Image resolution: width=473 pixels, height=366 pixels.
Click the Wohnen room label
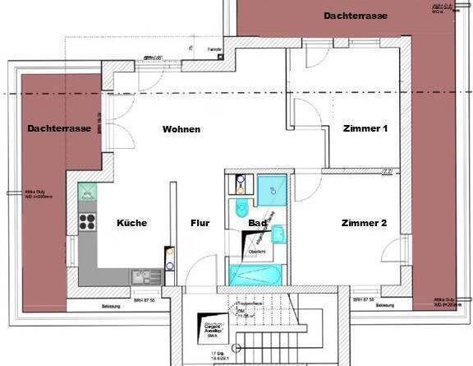click(x=181, y=129)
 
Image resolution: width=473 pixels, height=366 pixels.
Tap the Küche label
click(x=131, y=223)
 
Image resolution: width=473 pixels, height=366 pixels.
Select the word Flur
click(x=200, y=223)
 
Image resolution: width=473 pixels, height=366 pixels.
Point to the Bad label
click(x=256, y=223)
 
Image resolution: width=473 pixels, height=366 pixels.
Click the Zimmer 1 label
click(x=364, y=129)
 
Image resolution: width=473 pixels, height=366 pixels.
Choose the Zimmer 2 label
click(x=364, y=223)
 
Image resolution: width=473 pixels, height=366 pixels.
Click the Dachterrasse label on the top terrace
click(x=356, y=16)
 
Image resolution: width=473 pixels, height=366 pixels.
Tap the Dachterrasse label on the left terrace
click(x=58, y=128)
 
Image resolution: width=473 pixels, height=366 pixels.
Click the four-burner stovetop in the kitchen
click(x=87, y=220)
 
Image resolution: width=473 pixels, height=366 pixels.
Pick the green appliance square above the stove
click(x=86, y=192)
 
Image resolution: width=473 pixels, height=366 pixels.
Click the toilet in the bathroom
click(x=242, y=206)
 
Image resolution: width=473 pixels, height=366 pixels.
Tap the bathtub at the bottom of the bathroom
click(x=255, y=273)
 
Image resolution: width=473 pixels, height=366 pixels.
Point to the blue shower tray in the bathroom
click(x=271, y=190)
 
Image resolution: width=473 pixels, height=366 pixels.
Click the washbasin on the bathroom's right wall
click(x=278, y=235)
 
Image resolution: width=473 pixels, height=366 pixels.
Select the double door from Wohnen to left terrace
click(x=108, y=137)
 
